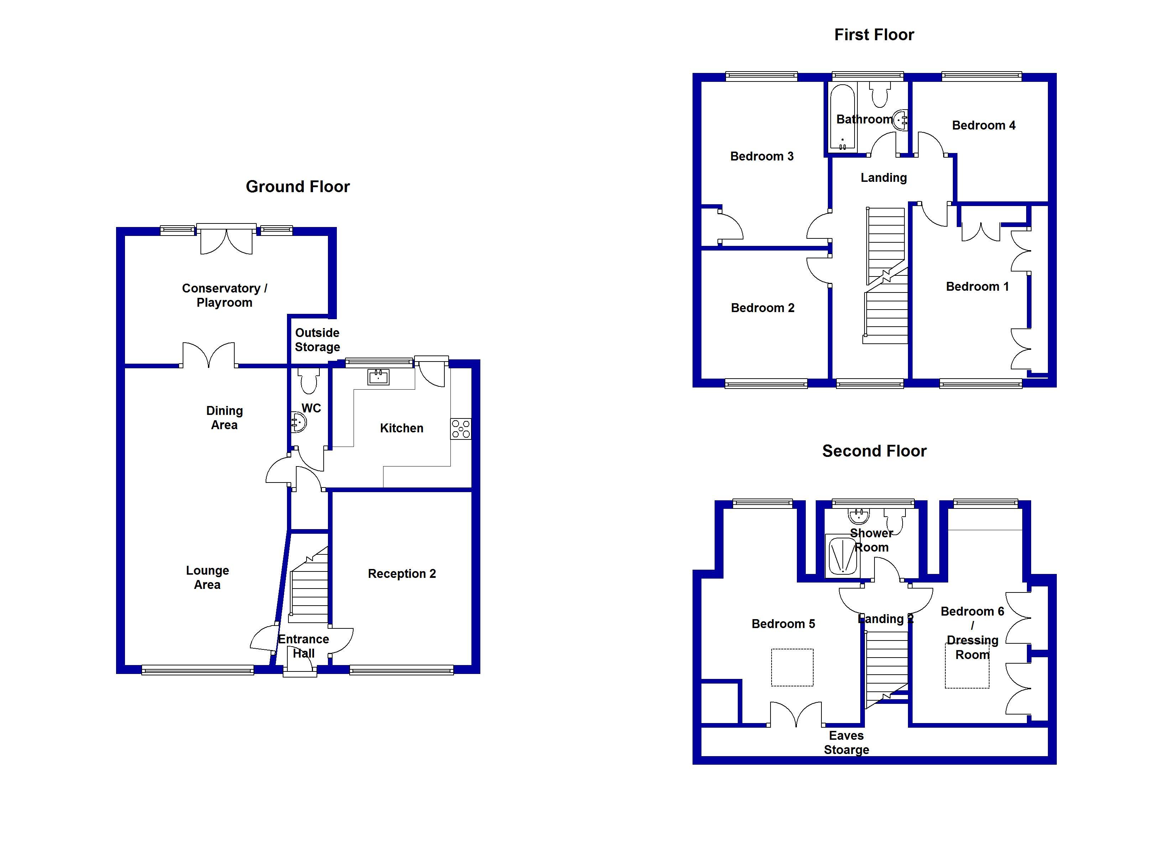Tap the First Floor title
(x=874, y=35)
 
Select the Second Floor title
(x=874, y=451)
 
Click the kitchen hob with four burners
(x=461, y=429)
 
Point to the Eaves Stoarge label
(x=847, y=743)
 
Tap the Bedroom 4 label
(x=983, y=125)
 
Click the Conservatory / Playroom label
(x=224, y=295)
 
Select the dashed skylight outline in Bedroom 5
(x=792, y=668)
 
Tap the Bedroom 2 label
(x=763, y=308)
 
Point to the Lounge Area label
(x=207, y=578)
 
